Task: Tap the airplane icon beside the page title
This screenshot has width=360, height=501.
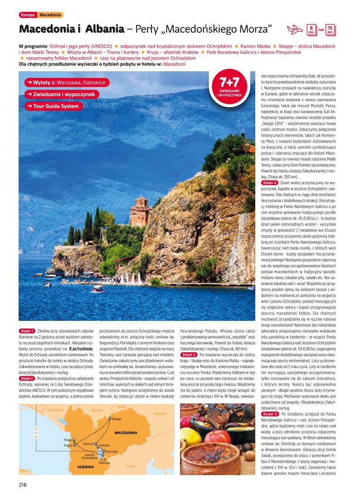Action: [x=295, y=30]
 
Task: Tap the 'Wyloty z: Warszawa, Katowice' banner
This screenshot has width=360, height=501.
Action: [x=66, y=83]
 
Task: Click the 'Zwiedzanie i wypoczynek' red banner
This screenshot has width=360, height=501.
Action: [x=61, y=94]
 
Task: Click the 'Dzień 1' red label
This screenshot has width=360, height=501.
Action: [x=27, y=331]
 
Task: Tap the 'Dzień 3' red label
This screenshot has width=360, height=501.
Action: [x=189, y=354]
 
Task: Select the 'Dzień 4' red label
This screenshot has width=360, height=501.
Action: [x=270, y=182]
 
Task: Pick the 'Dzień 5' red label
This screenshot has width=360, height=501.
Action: [x=270, y=414]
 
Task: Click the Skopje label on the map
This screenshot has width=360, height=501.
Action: [x=117, y=419]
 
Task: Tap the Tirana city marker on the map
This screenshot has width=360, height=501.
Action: [x=68, y=446]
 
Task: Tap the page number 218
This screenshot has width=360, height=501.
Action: [x=23, y=484]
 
